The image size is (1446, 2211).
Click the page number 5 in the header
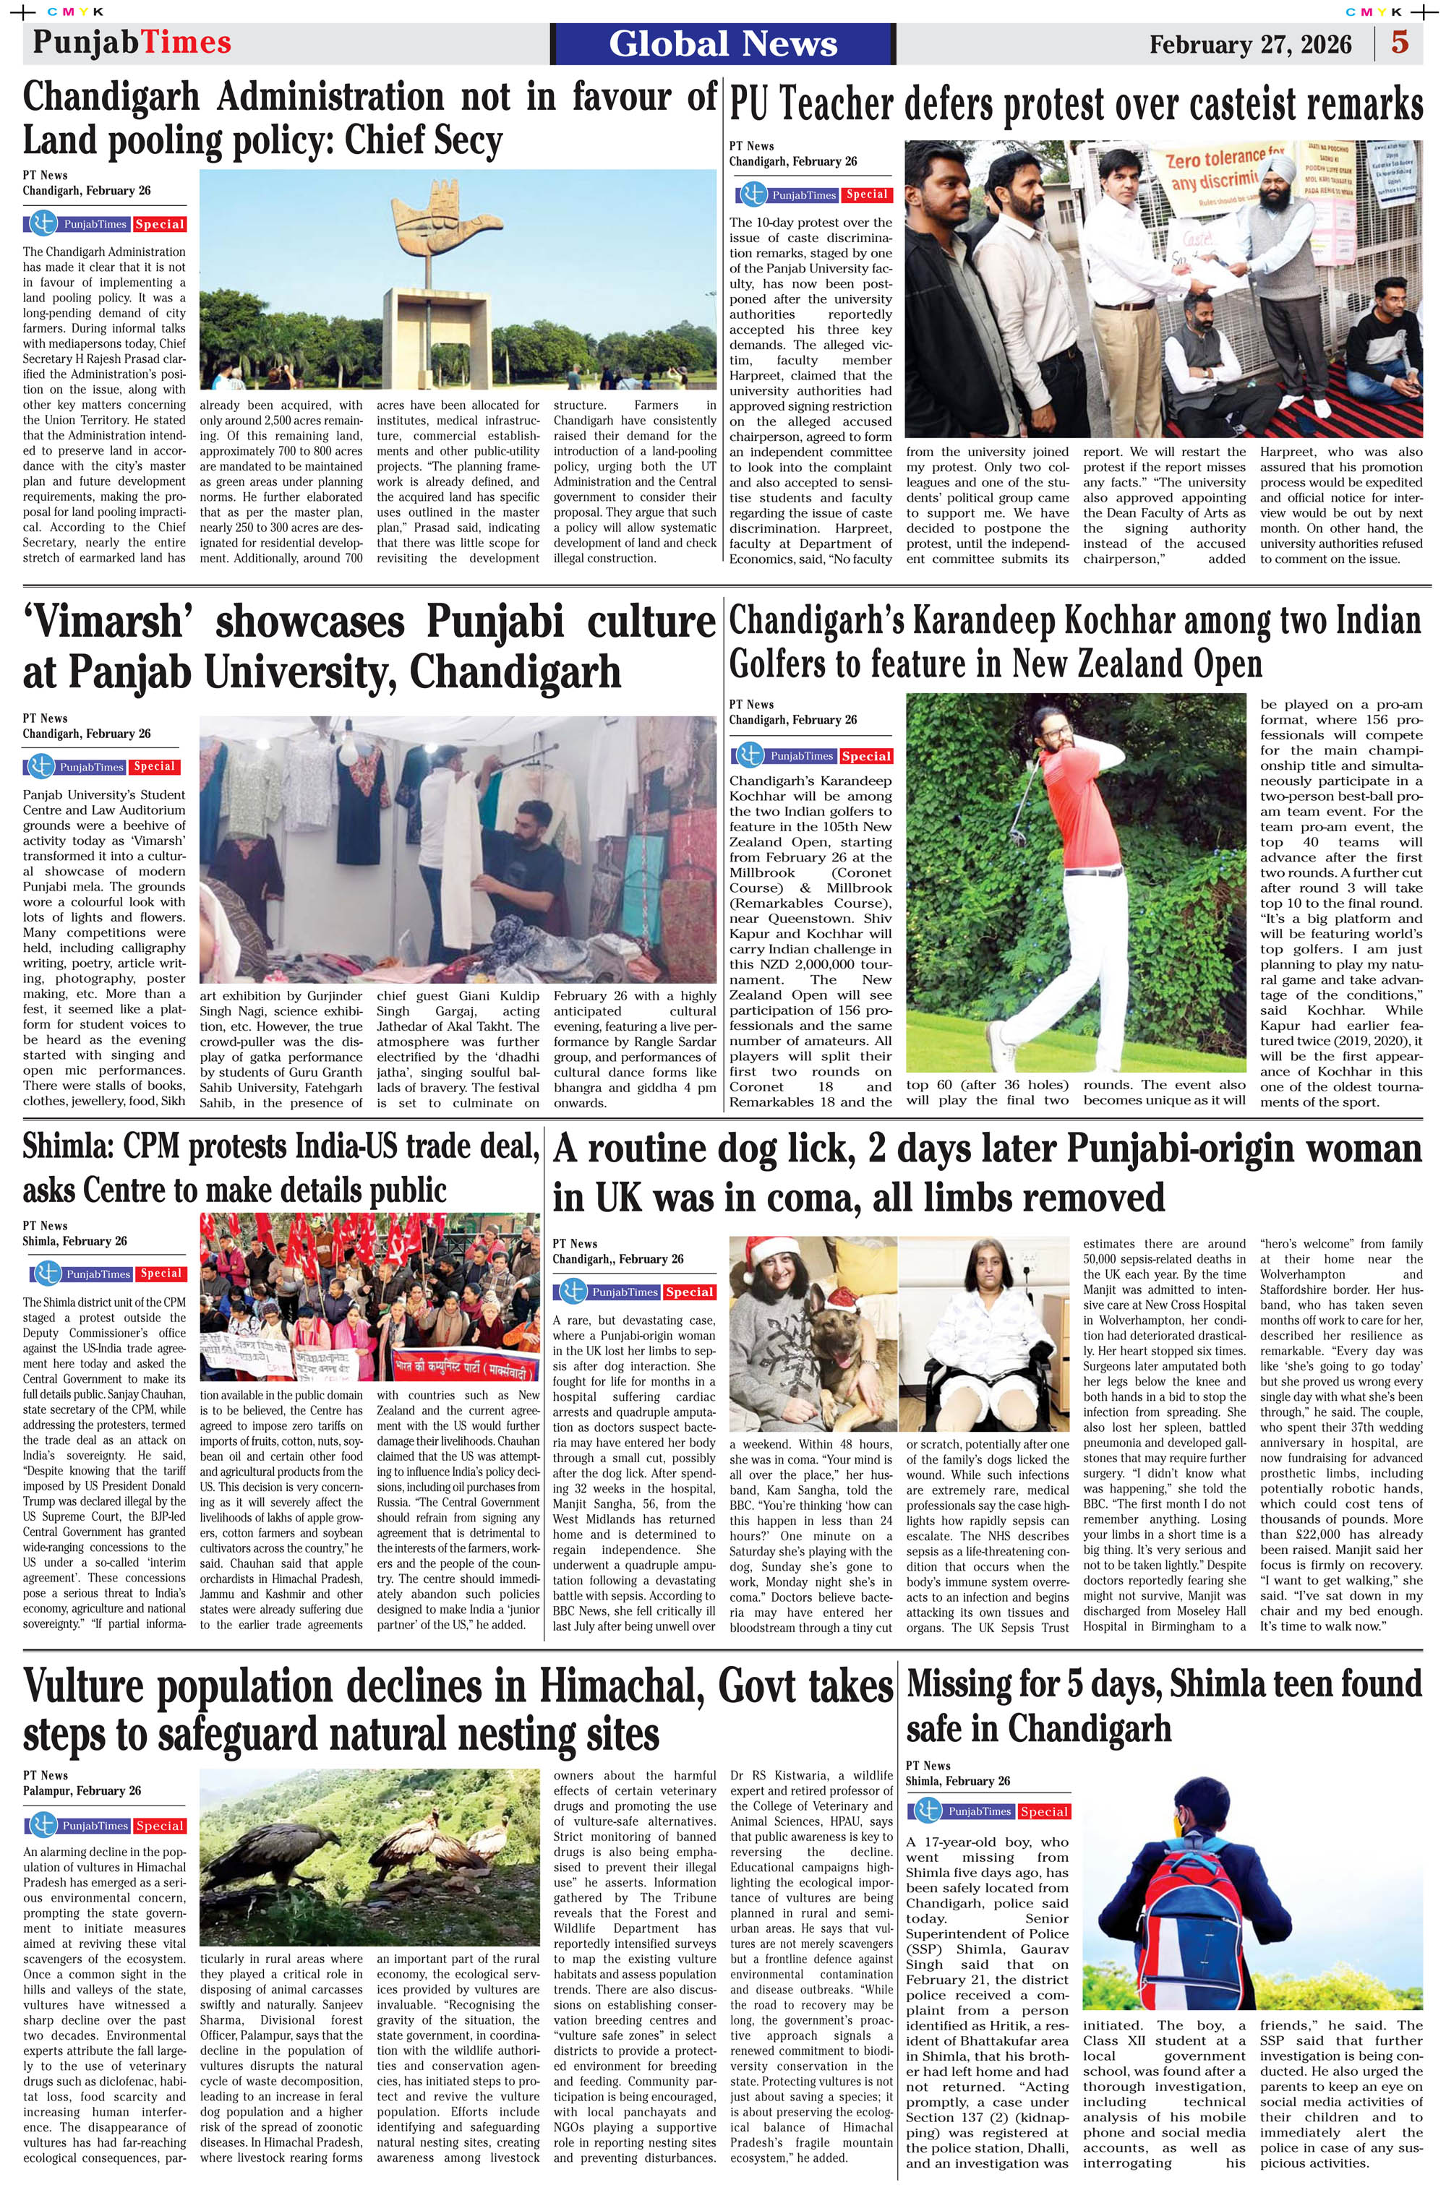tap(1400, 43)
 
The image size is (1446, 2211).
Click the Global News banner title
tap(723, 43)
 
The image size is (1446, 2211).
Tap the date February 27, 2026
tap(1250, 45)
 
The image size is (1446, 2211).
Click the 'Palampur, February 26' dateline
tap(82, 1790)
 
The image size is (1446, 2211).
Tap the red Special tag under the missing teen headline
tap(1043, 1811)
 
